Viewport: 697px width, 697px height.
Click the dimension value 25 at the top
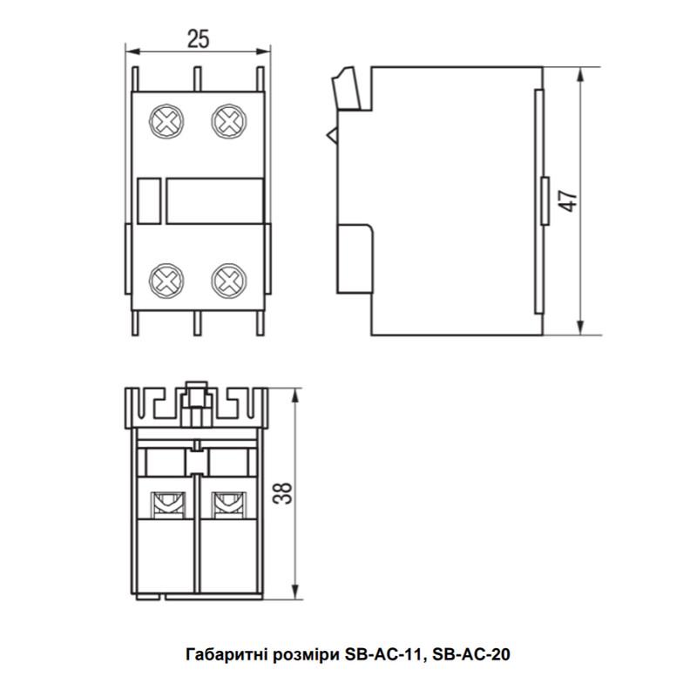tap(199, 38)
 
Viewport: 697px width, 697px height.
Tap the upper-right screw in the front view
tap(227, 119)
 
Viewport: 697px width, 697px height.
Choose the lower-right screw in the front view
tap(227, 280)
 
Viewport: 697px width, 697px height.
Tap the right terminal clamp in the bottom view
tap(228, 502)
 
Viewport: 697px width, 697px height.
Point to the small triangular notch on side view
tap(331, 136)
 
